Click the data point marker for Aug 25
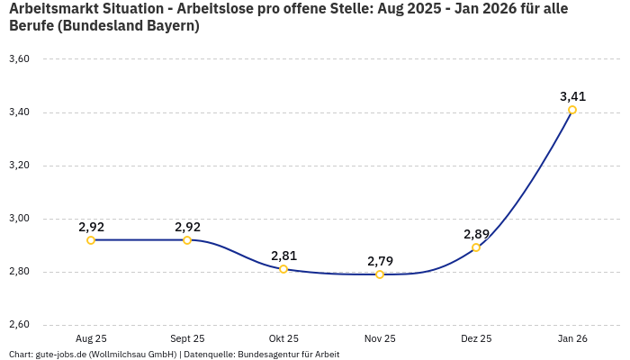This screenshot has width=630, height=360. (x=91, y=240)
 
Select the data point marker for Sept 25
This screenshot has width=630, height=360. (x=187, y=240)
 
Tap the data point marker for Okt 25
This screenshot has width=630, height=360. (x=283, y=269)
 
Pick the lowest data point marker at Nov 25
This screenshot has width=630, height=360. (x=380, y=274)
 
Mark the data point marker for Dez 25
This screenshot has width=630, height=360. (x=476, y=247)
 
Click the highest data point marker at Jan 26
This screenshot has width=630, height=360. (x=572, y=110)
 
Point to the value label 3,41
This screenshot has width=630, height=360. (x=572, y=96)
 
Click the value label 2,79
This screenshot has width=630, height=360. (x=380, y=261)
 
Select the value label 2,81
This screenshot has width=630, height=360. (x=283, y=256)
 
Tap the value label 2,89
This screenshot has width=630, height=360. (x=476, y=234)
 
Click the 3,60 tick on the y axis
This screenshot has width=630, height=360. (x=19, y=59)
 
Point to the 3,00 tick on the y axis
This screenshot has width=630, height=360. (x=19, y=219)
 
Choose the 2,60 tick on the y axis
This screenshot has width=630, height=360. (x=19, y=325)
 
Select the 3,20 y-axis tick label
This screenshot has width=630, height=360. (x=19, y=166)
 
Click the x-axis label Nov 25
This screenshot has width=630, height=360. (x=380, y=338)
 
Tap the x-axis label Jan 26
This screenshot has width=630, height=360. (x=572, y=338)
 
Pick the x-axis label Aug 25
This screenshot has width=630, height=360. (x=91, y=338)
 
